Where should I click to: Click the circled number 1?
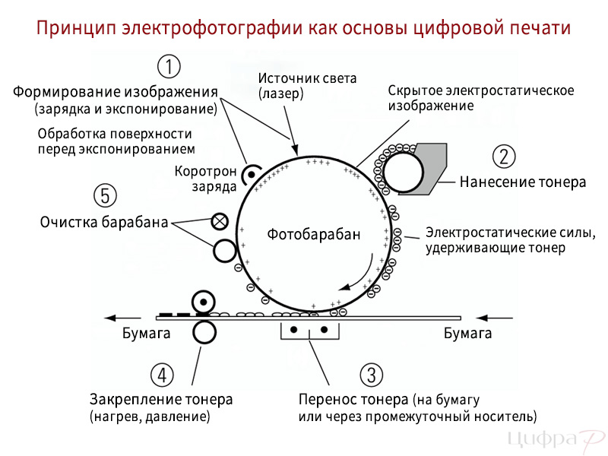click(x=169, y=66)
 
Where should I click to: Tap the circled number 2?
click(x=504, y=157)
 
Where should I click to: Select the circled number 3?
click(x=372, y=375)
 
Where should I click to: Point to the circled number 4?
click(x=162, y=375)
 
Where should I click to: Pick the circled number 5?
click(x=105, y=195)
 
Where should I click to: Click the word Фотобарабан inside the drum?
click(x=314, y=234)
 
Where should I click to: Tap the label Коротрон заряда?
click(x=205, y=179)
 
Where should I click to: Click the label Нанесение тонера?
click(x=523, y=182)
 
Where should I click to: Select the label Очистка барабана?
click(x=104, y=222)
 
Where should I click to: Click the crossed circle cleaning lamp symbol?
click(x=220, y=221)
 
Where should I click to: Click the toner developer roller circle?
click(x=403, y=173)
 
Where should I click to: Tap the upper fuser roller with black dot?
click(x=204, y=302)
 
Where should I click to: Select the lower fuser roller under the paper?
click(x=204, y=332)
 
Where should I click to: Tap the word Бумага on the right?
click(x=467, y=333)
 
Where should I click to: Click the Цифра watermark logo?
click(x=556, y=439)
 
